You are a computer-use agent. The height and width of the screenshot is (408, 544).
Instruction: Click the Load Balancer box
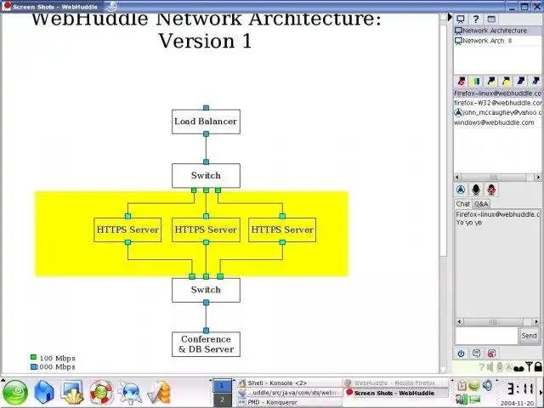click(205, 122)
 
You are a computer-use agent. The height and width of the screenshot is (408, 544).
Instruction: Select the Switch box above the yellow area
click(205, 176)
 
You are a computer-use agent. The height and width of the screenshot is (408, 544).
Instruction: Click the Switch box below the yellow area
click(205, 290)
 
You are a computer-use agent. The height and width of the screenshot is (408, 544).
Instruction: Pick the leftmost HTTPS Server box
click(127, 229)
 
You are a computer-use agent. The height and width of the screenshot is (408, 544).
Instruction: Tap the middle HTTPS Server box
click(205, 229)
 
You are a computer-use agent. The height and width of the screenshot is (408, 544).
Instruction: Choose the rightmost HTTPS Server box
click(282, 229)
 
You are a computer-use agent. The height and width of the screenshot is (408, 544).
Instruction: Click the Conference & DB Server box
click(205, 344)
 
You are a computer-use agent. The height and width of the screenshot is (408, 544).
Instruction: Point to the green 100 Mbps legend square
click(33, 358)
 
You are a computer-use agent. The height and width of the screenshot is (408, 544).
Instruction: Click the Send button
click(529, 336)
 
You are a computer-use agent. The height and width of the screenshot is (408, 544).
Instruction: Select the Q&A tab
click(481, 204)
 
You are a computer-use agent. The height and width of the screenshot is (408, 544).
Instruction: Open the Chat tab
click(462, 204)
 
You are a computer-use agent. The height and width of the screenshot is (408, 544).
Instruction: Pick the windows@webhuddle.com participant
click(494, 122)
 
